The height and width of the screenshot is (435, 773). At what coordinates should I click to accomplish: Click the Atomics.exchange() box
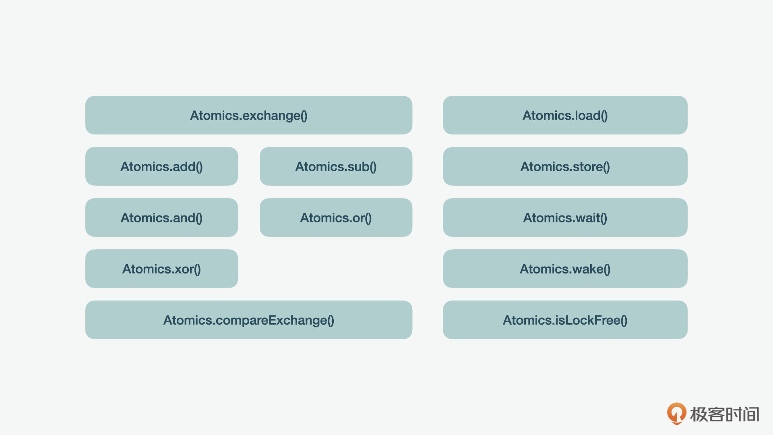click(x=249, y=115)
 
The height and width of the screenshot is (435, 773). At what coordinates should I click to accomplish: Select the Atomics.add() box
click(x=161, y=166)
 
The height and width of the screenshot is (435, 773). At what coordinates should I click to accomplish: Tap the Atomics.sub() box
click(x=336, y=166)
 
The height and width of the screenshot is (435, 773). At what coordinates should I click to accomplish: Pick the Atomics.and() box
click(x=161, y=217)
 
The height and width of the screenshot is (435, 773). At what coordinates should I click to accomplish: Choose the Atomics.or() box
click(x=336, y=217)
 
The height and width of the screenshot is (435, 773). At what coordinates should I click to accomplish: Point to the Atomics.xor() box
click(x=161, y=269)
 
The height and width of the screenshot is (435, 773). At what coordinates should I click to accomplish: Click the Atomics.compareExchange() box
click(x=249, y=320)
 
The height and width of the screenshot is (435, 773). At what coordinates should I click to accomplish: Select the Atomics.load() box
click(x=565, y=115)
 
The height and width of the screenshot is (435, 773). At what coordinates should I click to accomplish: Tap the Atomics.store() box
click(x=565, y=166)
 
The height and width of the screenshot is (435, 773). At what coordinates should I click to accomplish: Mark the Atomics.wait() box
click(x=565, y=217)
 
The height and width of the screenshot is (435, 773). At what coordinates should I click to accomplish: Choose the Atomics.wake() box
click(x=565, y=269)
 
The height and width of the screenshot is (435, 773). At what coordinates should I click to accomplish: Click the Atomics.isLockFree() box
click(x=565, y=320)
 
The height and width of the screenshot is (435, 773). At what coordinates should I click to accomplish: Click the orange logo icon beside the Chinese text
click(x=676, y=413)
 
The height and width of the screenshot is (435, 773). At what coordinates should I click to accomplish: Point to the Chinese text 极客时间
click(x=724, y=414)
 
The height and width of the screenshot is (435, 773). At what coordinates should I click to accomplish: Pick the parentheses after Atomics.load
click(x=604, y=116)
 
